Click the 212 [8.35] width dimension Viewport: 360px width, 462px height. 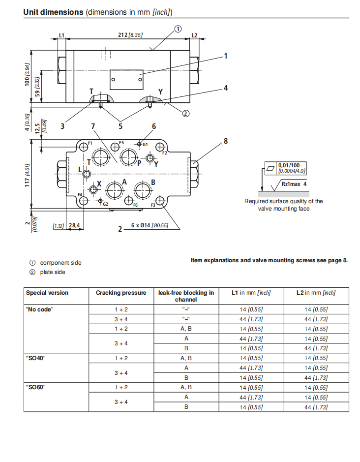coord(130,35)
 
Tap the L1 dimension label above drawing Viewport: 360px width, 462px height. coord(61,35)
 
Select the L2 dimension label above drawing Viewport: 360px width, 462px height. coord(194,35)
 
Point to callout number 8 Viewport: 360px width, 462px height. coord(226,141)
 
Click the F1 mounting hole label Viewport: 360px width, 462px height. coord(90,143)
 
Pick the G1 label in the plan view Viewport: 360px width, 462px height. coord(146,144)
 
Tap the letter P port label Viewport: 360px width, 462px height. coord(139,163)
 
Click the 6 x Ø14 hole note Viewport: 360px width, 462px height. coord(150,225)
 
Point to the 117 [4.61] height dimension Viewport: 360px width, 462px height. coord(28,174)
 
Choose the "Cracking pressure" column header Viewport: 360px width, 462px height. coord(121,293)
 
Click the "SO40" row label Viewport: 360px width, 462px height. coord(35,358)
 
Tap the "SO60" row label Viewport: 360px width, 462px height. coord(35,387)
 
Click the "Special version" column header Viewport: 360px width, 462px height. coord(47,293)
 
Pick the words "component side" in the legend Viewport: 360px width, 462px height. coord(60,263)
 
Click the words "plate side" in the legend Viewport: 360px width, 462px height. coord(53,272)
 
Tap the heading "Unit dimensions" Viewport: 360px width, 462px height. coord(53,12)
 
